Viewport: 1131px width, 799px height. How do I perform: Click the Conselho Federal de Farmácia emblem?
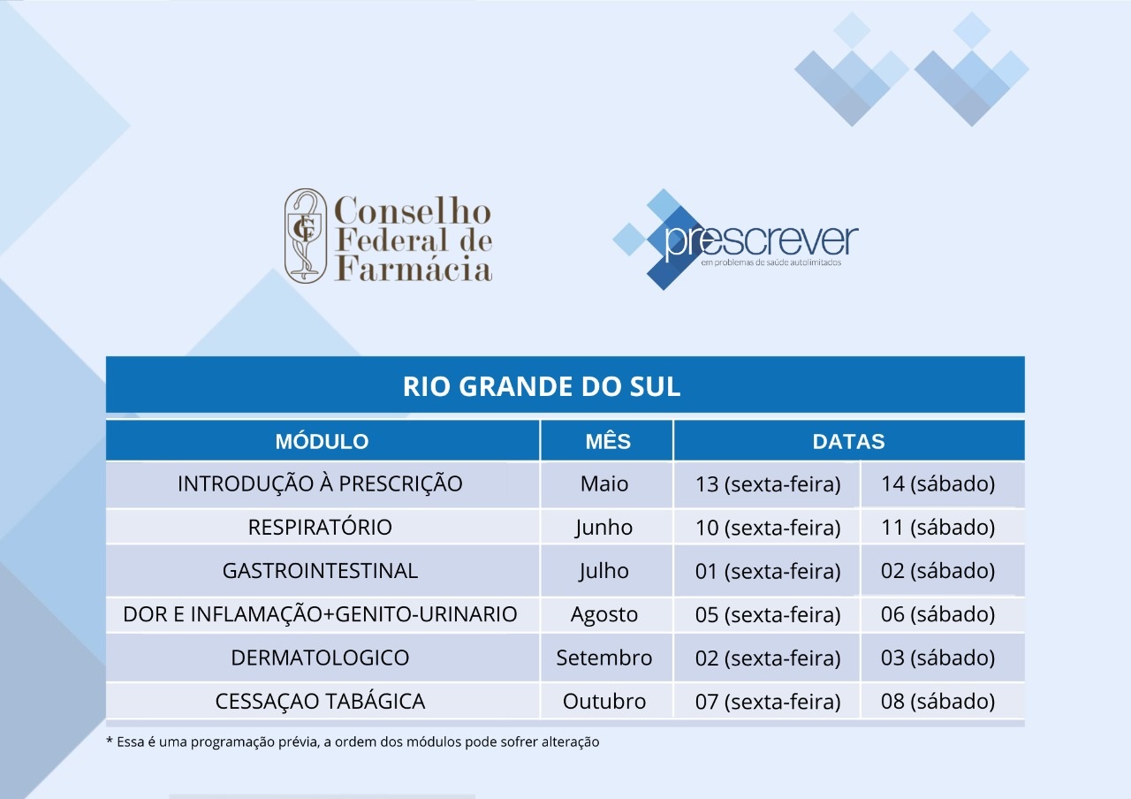(x=306, y=235)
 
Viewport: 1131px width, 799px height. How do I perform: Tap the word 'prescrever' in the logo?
(x=761, y=242)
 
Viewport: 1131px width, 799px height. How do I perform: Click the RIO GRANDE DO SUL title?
(x=542, y=386)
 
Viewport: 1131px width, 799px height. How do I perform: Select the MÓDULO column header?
(x=322, y=441)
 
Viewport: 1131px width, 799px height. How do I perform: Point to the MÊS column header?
(x=608, y=441)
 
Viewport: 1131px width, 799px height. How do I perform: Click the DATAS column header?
(x=849, y=441)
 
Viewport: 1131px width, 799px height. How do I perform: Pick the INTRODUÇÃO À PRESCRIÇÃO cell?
(x=320, y=483)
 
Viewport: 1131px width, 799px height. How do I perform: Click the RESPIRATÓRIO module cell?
(x=320, y=528)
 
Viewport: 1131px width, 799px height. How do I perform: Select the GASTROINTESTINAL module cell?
(x=320, y=571)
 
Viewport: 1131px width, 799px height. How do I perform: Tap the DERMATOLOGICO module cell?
(x=320, y=658)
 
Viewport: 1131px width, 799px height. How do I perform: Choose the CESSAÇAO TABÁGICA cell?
(x=320, y=701)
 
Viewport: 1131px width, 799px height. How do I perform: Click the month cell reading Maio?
(x=604, y=483)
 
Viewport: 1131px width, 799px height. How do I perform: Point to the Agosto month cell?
(x=604, y=614)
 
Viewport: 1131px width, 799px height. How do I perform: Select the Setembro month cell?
(x=604, y=658)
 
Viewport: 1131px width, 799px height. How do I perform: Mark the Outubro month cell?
(x=604, y=701)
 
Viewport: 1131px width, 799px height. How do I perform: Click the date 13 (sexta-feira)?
(x=768, y=484)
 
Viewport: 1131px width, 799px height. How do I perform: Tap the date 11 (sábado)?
(x=938, y=528)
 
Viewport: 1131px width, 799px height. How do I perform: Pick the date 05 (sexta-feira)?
(x=768, y=614)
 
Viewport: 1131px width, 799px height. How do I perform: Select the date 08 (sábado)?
(x=938, y=701)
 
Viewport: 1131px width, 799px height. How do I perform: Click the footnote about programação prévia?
(x=353, y=742)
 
